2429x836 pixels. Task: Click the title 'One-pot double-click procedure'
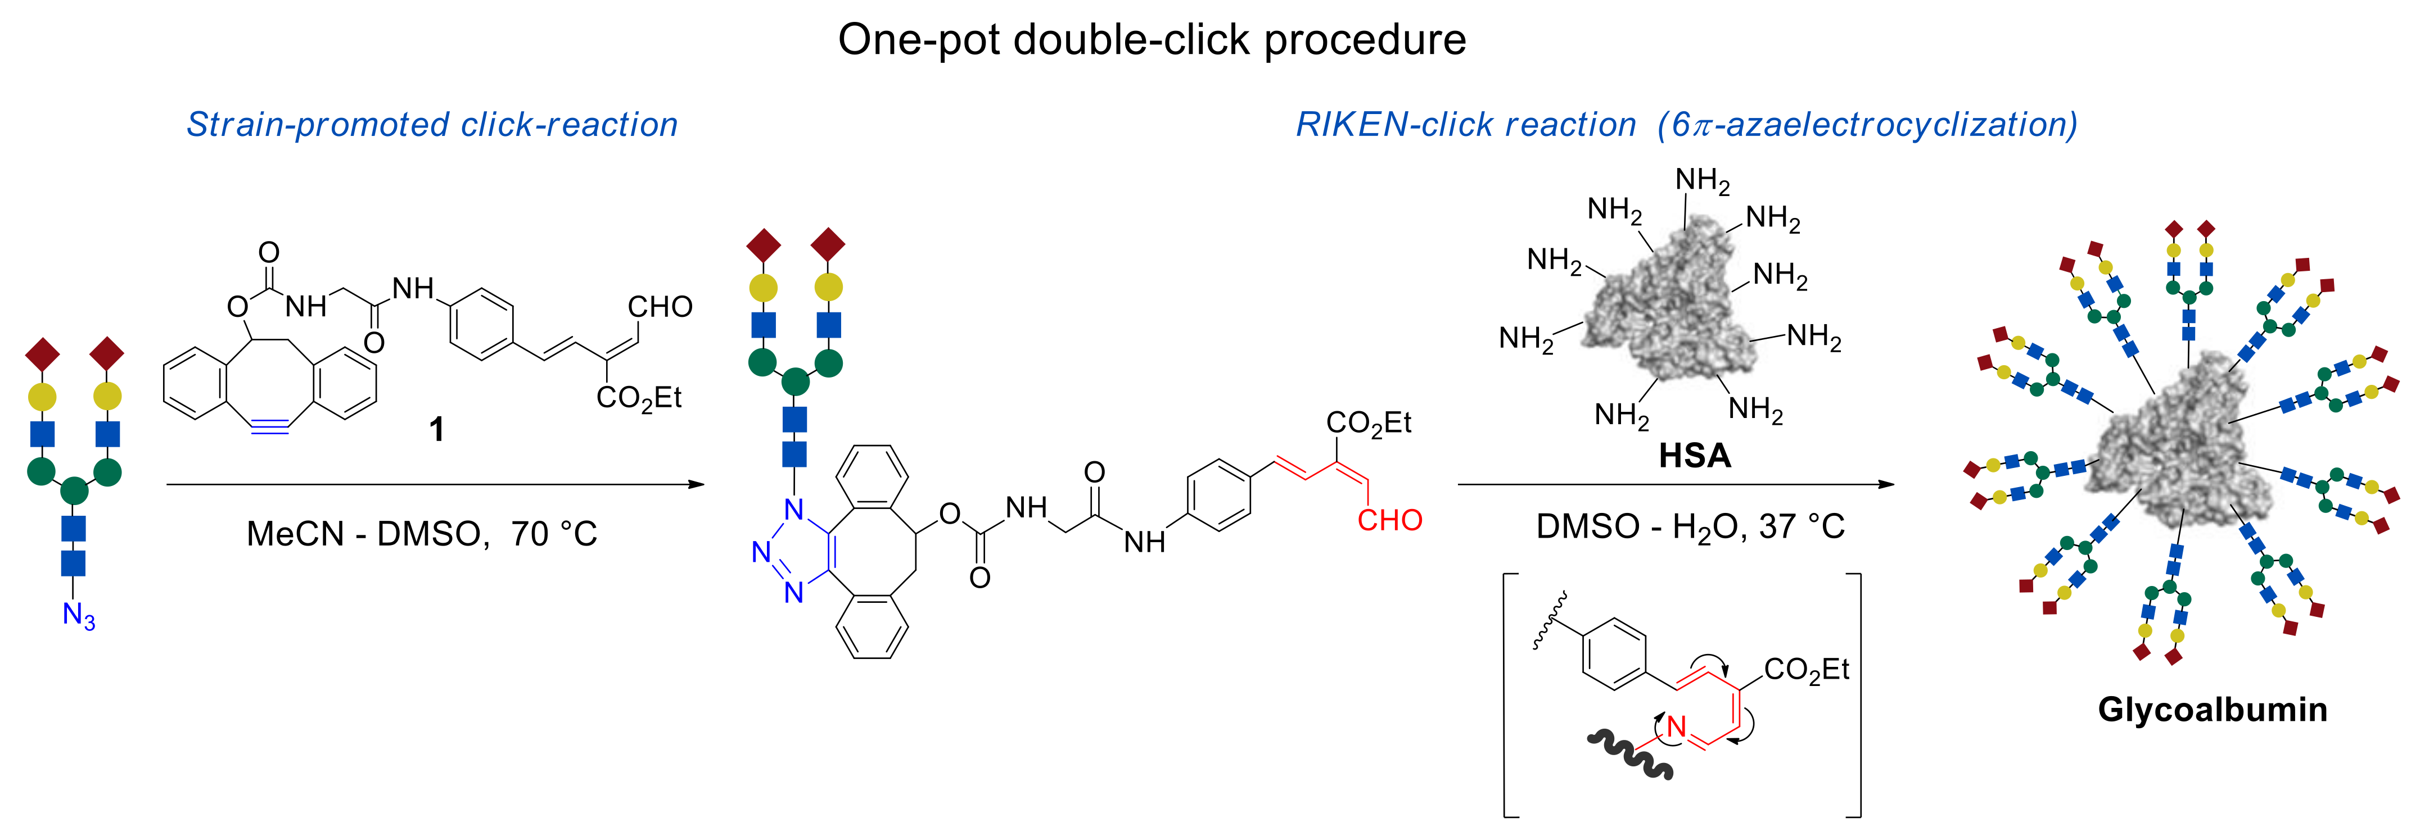click(1152, 39)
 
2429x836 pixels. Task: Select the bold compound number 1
click(436, 430)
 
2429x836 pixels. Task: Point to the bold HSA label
click(1695, 456)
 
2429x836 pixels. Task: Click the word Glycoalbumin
click(2212, 709)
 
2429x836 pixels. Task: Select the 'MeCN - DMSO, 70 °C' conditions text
click(422, 534)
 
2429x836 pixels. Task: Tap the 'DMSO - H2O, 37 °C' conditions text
click(1690, 526)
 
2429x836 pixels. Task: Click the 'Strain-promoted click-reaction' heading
click(432, 124)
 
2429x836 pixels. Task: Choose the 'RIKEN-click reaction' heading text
click(1465, 124)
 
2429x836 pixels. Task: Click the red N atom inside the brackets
click(1676, 726)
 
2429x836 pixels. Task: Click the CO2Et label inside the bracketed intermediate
click(1805, 670)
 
